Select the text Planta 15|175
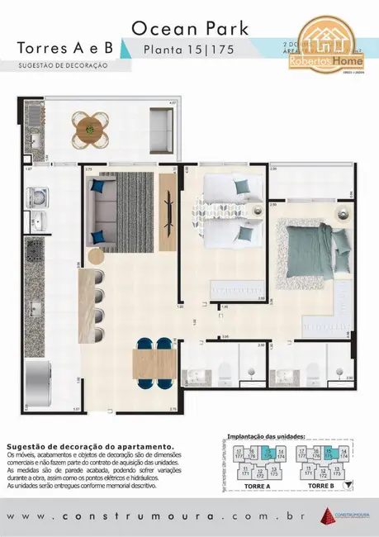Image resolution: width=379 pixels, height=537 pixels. [x=190, y=50]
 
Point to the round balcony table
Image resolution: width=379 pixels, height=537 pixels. [x=88, y=129]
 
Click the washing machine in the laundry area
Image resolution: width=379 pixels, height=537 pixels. [x=36, y=197]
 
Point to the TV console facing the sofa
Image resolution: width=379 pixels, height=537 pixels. [x=168, y=202]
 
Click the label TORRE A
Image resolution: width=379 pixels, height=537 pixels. [x=258, y=487]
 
